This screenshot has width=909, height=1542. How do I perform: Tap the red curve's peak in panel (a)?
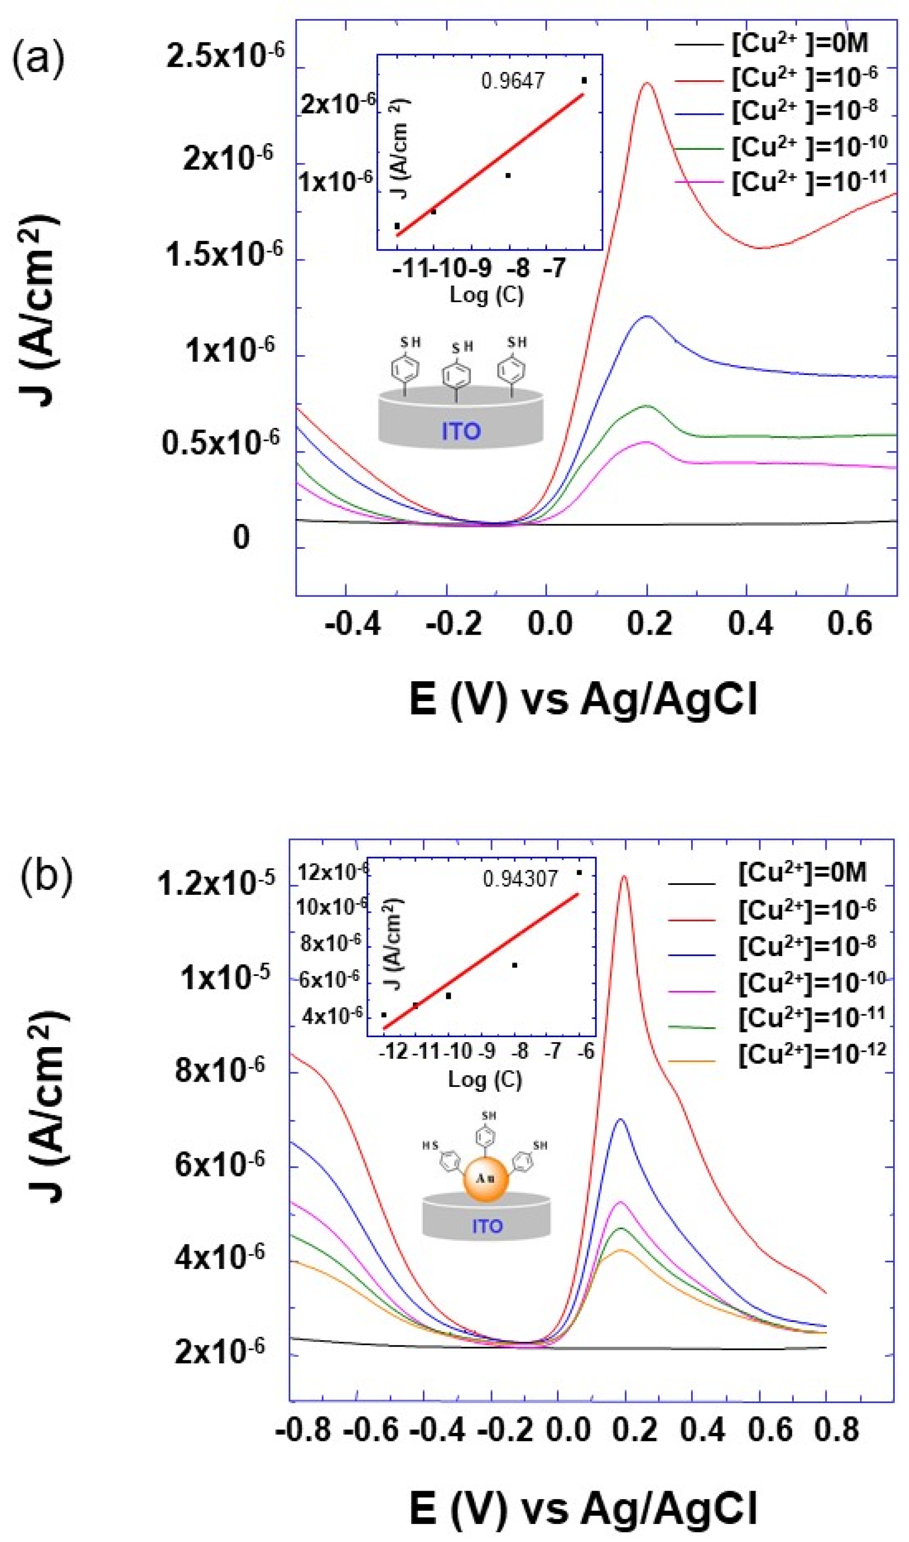coord(647,83)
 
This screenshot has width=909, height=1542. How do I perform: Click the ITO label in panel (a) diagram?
coord(461,432)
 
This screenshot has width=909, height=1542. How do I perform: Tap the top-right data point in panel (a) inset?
coord(584,80)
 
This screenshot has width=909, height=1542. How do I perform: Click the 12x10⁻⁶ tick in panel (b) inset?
coord(333,872)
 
